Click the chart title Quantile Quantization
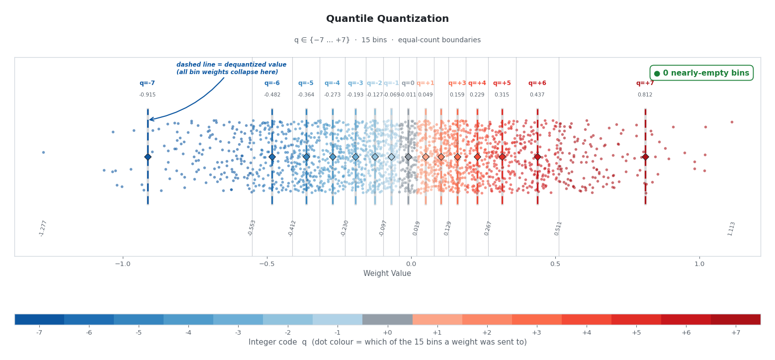coord(387,19)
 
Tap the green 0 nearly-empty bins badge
coord(701,73)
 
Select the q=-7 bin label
coord(147,83)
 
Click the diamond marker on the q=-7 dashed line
coord(148,157)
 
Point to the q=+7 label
coord(645,83)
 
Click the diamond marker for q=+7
coord(645,157)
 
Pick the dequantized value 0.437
coord(537,95)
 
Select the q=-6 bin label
coord(272,83)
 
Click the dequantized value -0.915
coord(147,95)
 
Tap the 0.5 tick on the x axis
coord(555,264)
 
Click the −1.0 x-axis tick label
coord(122,264)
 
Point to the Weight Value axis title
coord(387,273)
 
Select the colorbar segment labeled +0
coord(387,319)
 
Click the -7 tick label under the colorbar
coord(39,332)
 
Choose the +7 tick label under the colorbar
coord(736,332)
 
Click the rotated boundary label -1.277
coord(43,228)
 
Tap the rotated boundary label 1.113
coord(731,229)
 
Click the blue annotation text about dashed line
coord(231,69)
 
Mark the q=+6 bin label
coord(537,83)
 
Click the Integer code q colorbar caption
coord(387,342)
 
